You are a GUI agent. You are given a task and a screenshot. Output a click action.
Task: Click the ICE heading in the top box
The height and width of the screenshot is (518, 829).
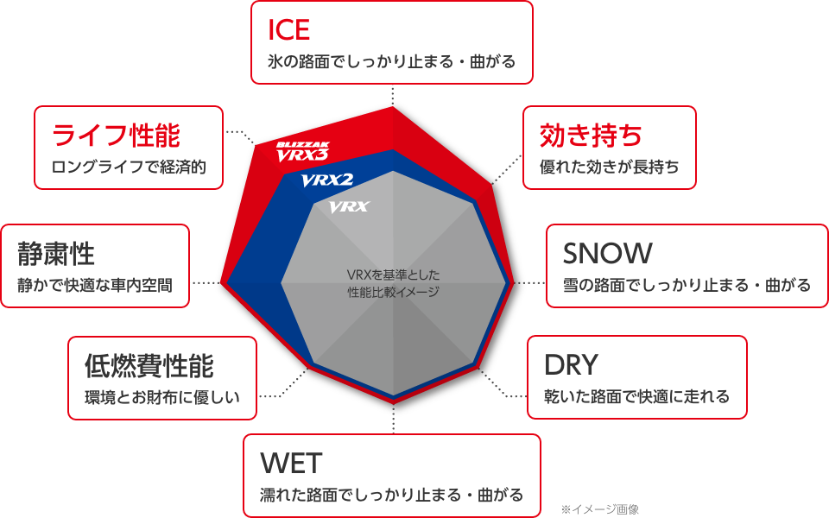pyautogui.click(x=289, y=30)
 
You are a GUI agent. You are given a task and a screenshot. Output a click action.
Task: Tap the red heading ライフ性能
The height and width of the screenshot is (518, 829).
pyautogui.click(x=116, y=136)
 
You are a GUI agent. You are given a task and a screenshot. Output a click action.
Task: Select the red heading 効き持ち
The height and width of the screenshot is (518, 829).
pyautogui.click(x=591, y=136)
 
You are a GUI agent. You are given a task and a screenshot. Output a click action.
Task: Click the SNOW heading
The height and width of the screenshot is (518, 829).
pyautogui.click(x=607, y=254)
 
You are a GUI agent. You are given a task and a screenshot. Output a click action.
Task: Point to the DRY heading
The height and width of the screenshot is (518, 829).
pyautogui.click(x=572, y=365)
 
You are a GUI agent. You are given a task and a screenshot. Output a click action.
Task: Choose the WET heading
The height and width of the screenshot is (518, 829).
pyautogui.click(x=291, y=464)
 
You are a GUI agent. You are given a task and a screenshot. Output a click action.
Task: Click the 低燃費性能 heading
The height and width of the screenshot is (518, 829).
pyautogui.click(x=149, y=366)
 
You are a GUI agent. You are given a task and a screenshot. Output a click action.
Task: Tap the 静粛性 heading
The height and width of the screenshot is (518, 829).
pyautogui.click(x=56, y=254)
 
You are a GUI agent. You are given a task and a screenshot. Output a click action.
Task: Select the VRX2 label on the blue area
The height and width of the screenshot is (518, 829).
pyautogui.click(x=328, y=180)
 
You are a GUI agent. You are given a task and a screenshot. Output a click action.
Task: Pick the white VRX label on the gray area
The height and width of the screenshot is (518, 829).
pyautogui.click(x=349, y=207)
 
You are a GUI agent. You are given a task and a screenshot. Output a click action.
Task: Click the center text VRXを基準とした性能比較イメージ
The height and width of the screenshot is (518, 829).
pyautogui.click(x=393, y=283)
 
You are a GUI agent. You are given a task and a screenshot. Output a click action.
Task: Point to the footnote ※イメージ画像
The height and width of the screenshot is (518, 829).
pyautogui.click(x=599, y=509)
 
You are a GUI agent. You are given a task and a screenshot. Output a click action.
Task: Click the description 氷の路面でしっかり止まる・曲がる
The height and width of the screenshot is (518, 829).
pyautogui.click(x=392, y=62)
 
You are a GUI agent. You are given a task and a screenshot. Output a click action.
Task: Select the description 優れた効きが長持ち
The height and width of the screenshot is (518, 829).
pyautogui.click(x=609, y=167)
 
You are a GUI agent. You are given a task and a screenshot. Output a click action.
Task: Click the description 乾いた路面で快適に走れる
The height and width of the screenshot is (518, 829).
pyautogui.click(x=636, y=397)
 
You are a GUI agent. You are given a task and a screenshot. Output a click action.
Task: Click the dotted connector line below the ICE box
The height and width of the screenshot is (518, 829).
pyautogui.click(x=393, y=93)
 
